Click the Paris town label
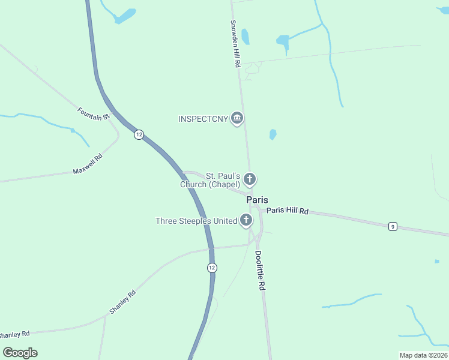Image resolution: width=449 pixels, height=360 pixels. pyautogui.click(x=257, y=200)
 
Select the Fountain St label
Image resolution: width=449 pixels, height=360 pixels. pyautogui.click(x=93, y=112)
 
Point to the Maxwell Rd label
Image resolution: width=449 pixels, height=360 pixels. pyautogui.click(x=88, y=163)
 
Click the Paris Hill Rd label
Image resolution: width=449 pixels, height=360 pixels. pyautogui.click(x=288, y=211)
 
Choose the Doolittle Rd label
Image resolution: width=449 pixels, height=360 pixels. pyautogui.click(x=259, y=270)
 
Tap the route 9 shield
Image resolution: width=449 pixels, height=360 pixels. pyautogui.click(x=393, y=226)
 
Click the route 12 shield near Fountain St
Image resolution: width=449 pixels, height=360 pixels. pyautogui.click(x=139, y=134)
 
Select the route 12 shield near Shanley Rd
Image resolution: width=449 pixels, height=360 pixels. pyautogui.click(x=212, y=268)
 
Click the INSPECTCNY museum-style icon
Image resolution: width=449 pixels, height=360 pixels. pyautogui.click(x=237, y=118)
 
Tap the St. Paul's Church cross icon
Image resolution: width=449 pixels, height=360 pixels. pyautogui.click(x=250, y=179)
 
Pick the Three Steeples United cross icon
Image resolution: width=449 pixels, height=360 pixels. pyautogui.click(x=246, y=221)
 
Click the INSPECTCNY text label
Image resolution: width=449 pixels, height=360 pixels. pyautogui.click(x=203, y=119)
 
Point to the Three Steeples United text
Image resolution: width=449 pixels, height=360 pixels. pyautogui.click(x=196, y=221)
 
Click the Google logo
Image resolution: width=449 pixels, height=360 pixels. pyautogui.click(x=20, y=352)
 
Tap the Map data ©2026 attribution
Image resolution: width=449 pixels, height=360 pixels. pyautogui.click(x=423, y=355)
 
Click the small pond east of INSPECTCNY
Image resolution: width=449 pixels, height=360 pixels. pyautogui.click(x=273, y=134)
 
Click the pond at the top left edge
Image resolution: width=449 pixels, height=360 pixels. pyautogui.click(x=125, y=16)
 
